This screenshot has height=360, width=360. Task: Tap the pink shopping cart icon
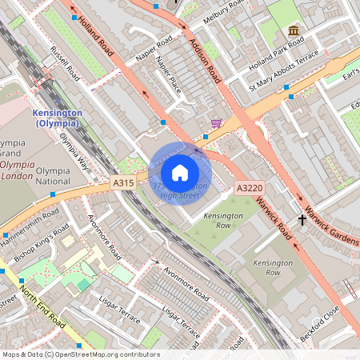click(x=216, y=122)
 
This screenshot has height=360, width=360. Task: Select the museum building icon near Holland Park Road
click(x=294, y=31)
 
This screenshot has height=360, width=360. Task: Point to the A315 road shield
click(x=123, y=184)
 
